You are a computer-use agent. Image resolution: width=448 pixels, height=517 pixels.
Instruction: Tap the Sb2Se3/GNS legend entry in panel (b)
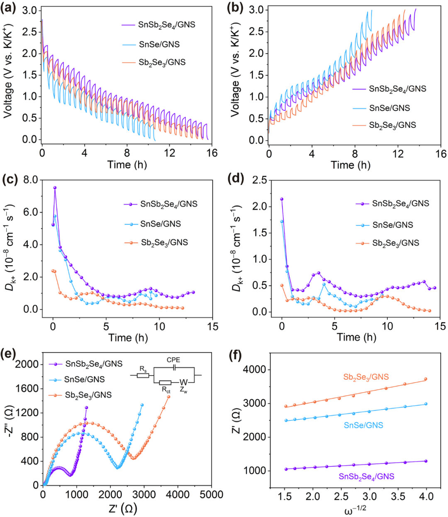(392, 125)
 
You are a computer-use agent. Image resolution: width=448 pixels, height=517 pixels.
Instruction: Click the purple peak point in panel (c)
(55, 188)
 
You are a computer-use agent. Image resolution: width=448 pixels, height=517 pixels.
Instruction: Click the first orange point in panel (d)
(282, 285)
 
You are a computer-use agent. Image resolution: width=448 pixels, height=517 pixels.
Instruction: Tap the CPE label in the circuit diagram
(173, 360)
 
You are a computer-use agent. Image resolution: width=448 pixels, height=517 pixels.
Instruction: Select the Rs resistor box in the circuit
(143, 376)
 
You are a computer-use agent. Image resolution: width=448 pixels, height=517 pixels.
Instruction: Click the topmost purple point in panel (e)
(86, 407)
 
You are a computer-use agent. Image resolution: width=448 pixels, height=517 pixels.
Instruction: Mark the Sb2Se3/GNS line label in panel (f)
(366, 377)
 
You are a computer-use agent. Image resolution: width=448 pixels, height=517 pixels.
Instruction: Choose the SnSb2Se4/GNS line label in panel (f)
(366, 477)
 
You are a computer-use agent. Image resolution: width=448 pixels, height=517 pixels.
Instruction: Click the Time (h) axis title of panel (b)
(351, 165)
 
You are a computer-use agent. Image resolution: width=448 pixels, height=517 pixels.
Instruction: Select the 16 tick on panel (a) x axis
(212, 153)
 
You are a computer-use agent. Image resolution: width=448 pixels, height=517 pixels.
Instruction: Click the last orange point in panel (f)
(426, 379)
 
